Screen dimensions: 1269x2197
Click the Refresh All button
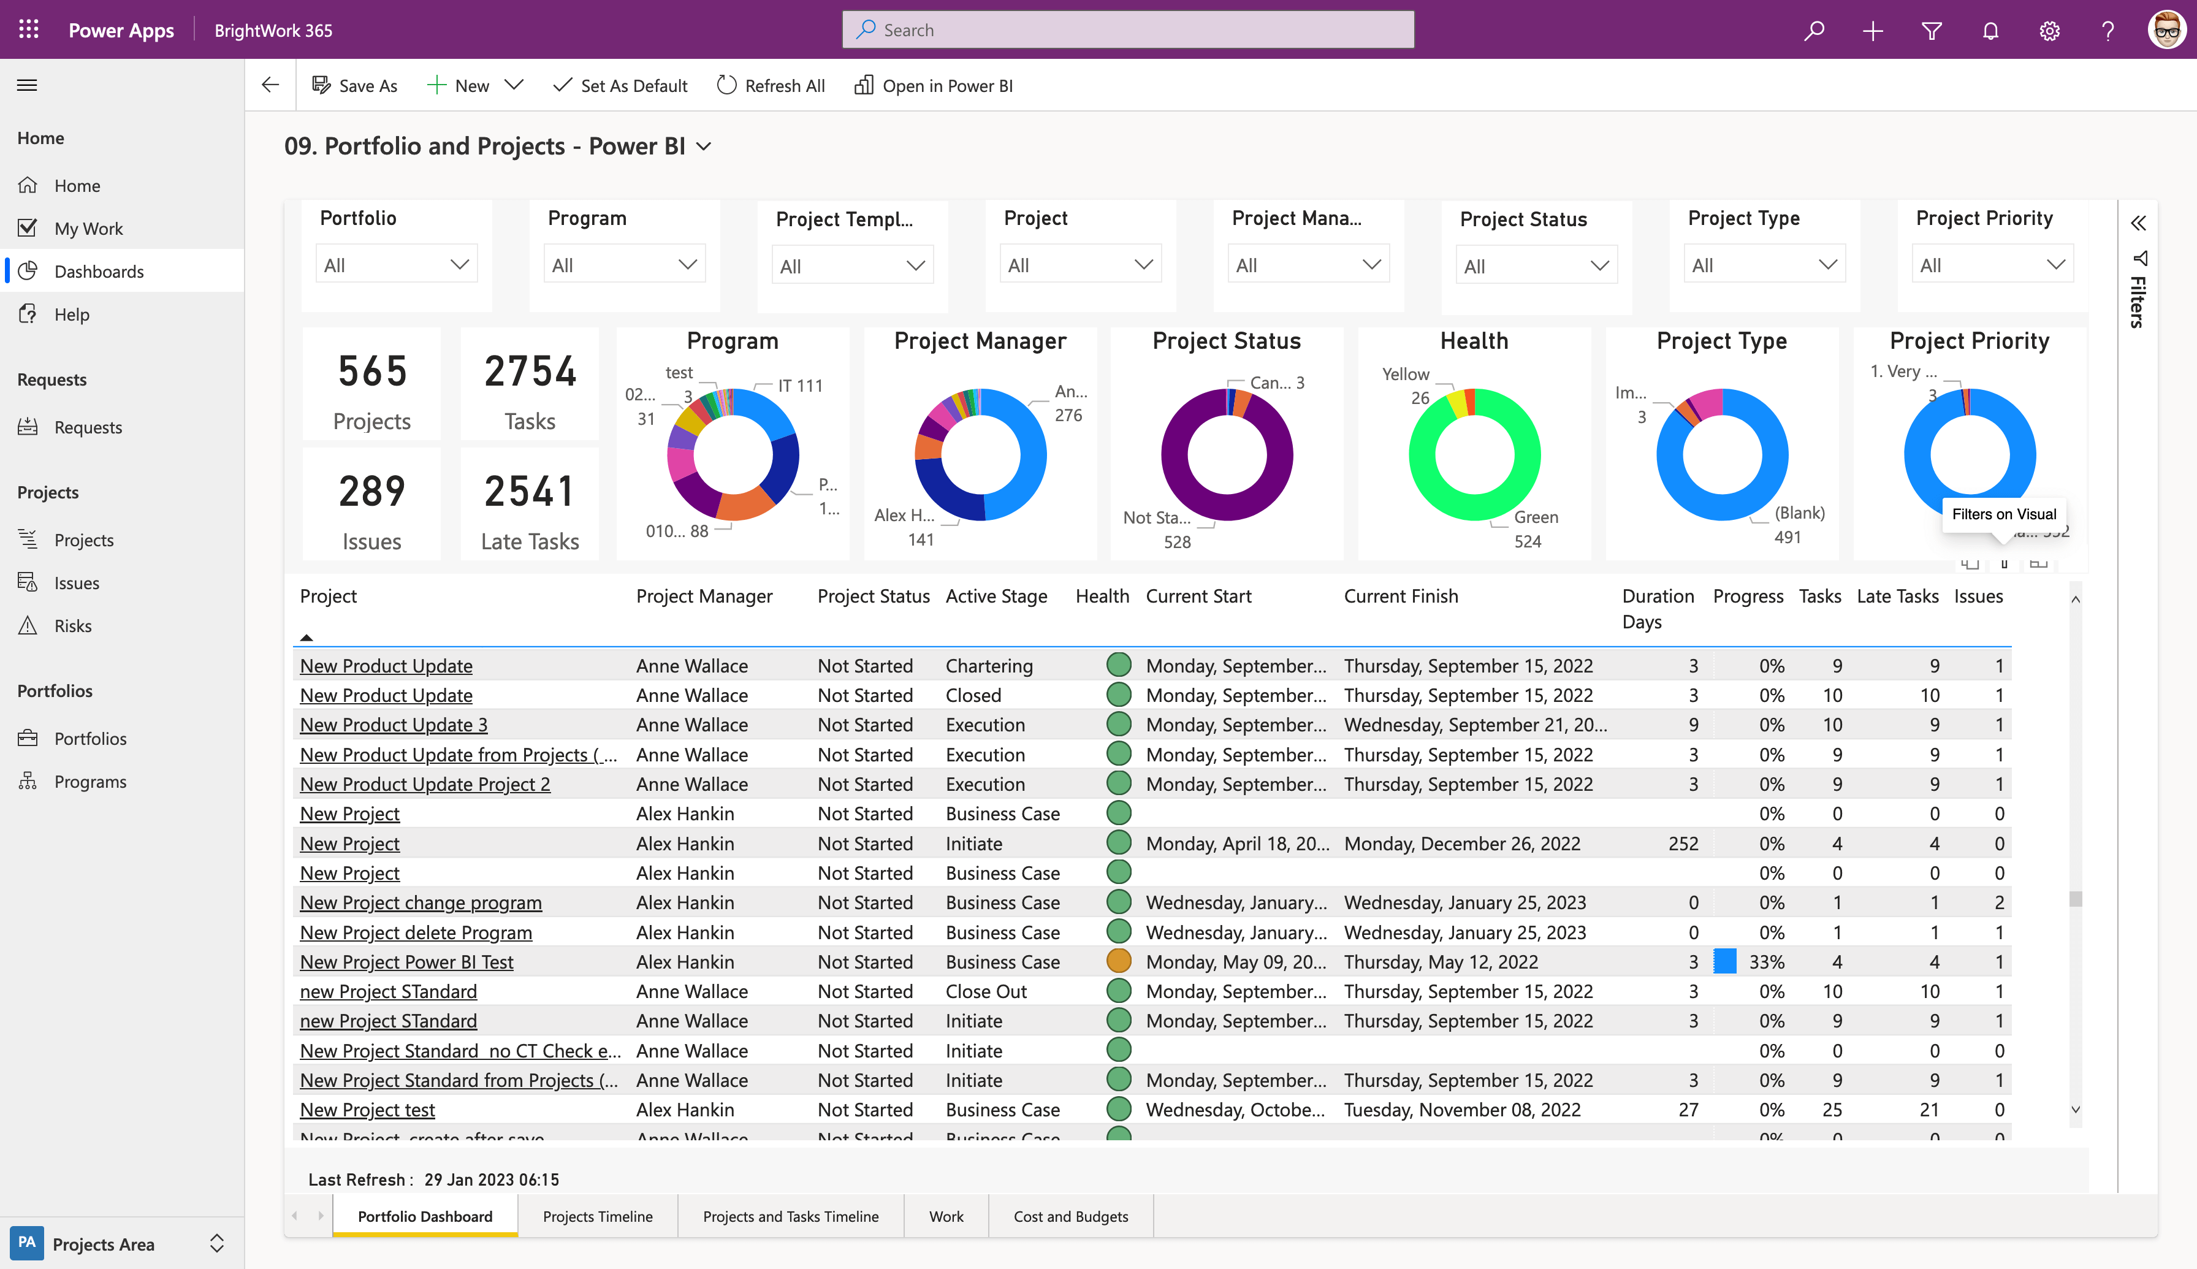click(771, 85)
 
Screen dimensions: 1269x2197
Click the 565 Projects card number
click(372, 372)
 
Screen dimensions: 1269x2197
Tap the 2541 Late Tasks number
click(529, 492)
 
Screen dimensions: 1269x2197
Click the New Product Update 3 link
click(393, 725)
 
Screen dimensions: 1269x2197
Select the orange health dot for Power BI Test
click(1118, 961)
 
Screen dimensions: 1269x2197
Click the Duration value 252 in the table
click(1683, 844)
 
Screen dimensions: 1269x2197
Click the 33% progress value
click(1767, 962)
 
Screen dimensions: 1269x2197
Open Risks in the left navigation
click(72, 626)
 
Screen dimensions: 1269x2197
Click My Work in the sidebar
click(88, 228)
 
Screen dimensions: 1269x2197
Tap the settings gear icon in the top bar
click(2049, 31)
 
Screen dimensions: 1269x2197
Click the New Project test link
click(367, 1110)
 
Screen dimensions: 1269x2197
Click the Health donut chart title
click(1474, 341)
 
